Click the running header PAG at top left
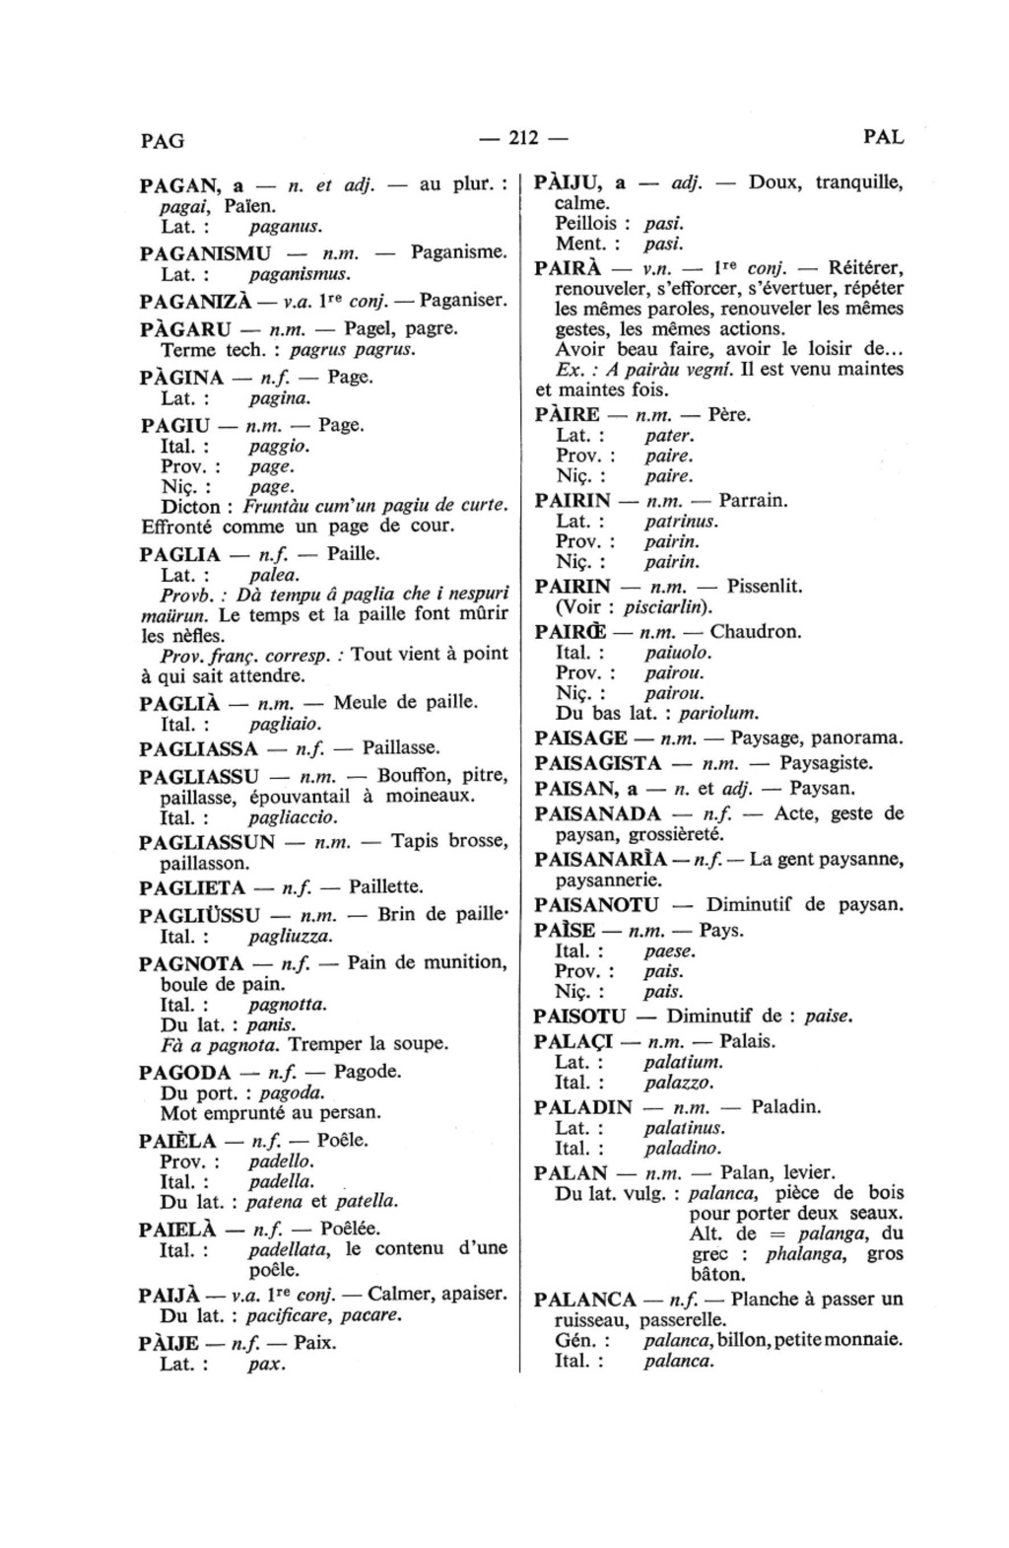click(163, 140)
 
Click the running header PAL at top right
click(883, 137)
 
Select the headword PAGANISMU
click(205, 252)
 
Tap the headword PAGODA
click(185, 1072)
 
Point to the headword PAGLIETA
click(192, 886)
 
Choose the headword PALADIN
click(581, 1107)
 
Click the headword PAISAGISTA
click(598, 762)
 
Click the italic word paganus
click(286, 227)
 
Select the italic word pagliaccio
click(294, 817)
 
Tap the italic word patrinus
click(681, 521)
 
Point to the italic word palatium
click(683, 1062)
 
